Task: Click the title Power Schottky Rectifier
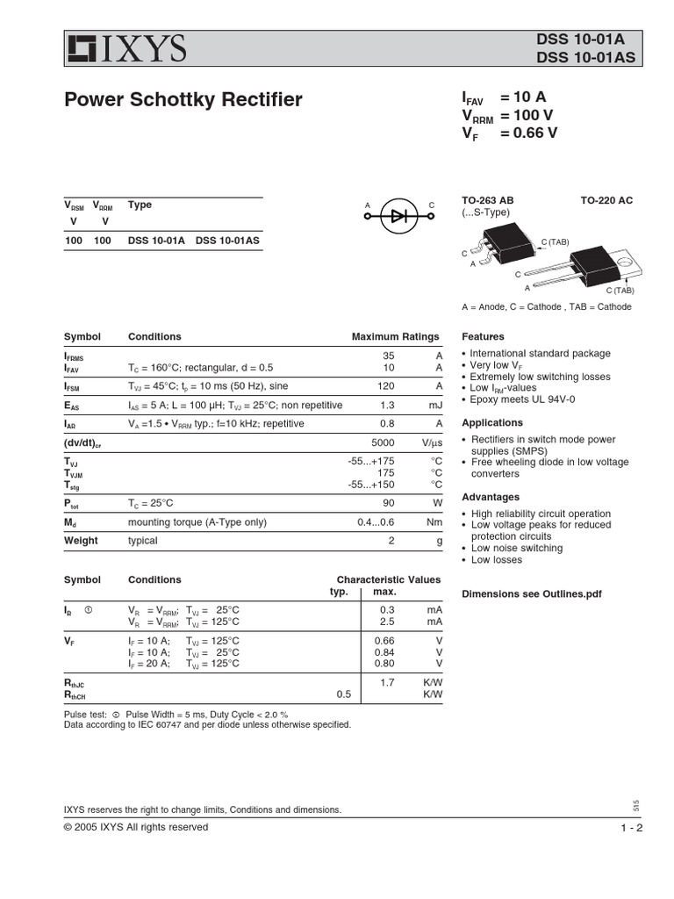pyautogui.click(x=183, y=100)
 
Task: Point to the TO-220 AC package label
pyautogui.click(x=606, y=201)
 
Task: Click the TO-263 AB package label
pyautogui.click(x=488, y=201)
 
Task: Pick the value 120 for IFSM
pyautogui.click(x=386, y=386)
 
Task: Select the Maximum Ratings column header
pyautogui.click(x=395, y=337)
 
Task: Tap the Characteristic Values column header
pyautogui.click(x=389, y=580)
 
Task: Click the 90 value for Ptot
pyautogui.click(x=388, y=503)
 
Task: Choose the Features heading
pyautogui.click(x=483, y=337)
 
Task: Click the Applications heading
pyautogui.click(x=492, y=423)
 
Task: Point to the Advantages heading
pyautogui.click(x=491, y=498)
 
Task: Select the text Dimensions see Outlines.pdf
pyautogui.click(x=532, y=594)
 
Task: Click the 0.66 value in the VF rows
pyautogui.click(x=384, y=641)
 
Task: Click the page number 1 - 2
pyautogui.click(x=632, y=828)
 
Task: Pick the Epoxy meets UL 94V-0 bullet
pyautogui.click(x=523, y=399)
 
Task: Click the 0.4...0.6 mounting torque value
pyautogui.click(x=376, y=522)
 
